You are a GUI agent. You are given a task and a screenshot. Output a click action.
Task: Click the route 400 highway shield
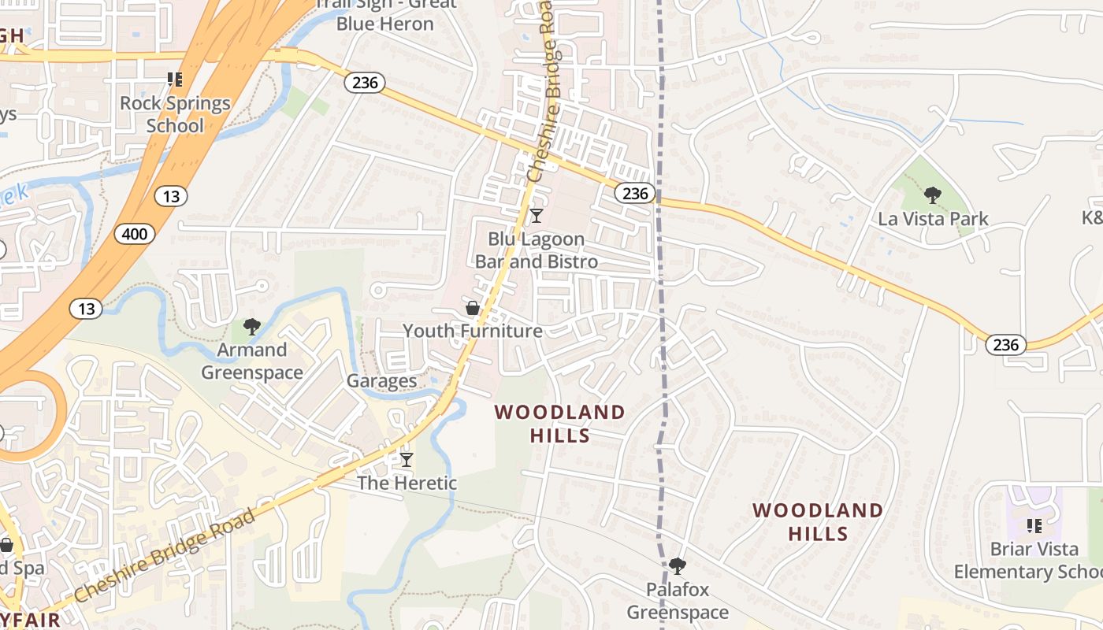coord(134,233)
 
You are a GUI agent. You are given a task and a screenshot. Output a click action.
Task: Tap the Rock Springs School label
coord(175,114)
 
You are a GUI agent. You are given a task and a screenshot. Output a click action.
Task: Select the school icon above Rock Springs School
coord(175,79)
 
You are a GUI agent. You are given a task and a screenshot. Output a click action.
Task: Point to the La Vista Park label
coord(933,219)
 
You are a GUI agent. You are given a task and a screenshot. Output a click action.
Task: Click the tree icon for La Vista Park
coord(933,195)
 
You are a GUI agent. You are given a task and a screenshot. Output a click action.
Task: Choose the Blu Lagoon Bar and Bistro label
coord(537,250)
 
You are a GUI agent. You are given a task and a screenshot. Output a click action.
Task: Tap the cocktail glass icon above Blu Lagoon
coord(537,215)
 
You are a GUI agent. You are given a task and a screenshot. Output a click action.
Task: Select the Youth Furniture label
coord(473,331)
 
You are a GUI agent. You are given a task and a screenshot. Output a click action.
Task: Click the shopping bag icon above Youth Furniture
coord(473,307)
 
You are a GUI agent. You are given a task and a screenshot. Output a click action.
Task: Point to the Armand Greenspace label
coord(252,361)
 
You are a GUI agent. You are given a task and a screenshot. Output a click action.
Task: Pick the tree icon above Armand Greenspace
coord(252,326)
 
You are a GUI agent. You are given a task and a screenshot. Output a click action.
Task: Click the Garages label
coord(382,381)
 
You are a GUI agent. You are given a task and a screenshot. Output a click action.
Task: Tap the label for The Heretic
coord(407,483)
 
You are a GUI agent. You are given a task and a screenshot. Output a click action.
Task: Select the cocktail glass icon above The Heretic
coord(407,459)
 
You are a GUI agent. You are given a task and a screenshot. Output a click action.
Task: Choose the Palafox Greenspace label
coord(678,601)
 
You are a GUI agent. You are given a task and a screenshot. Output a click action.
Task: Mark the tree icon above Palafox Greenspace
coord(677,565)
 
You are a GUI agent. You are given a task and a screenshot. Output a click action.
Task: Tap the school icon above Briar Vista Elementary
coord(1034,525)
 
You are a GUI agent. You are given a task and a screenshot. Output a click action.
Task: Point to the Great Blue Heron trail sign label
coord(385,14)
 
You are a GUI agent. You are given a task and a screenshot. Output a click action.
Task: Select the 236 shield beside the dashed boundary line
coord(635,193)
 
